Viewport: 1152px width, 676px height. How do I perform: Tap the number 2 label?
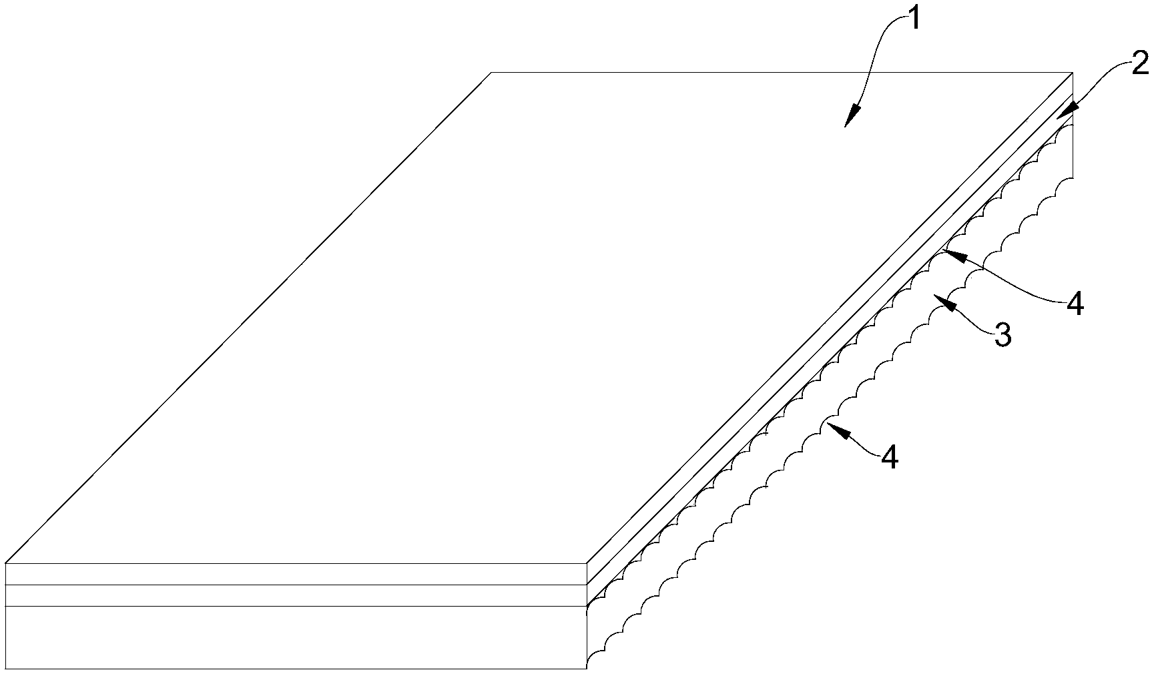coord(1139,63)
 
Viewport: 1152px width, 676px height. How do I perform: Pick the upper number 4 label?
coord(1075,304)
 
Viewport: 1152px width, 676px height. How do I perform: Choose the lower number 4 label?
coord(890,458)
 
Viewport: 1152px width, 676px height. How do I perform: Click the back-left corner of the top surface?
coord(492,72)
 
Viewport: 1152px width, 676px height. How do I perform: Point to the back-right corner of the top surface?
coord(1072,72)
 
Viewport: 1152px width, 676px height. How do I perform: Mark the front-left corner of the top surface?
coord(5,564)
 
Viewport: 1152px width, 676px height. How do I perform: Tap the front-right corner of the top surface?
coord(587,564)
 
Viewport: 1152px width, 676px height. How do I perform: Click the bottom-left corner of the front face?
coord(5,668)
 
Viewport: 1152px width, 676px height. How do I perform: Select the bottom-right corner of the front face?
coord(587,668)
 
